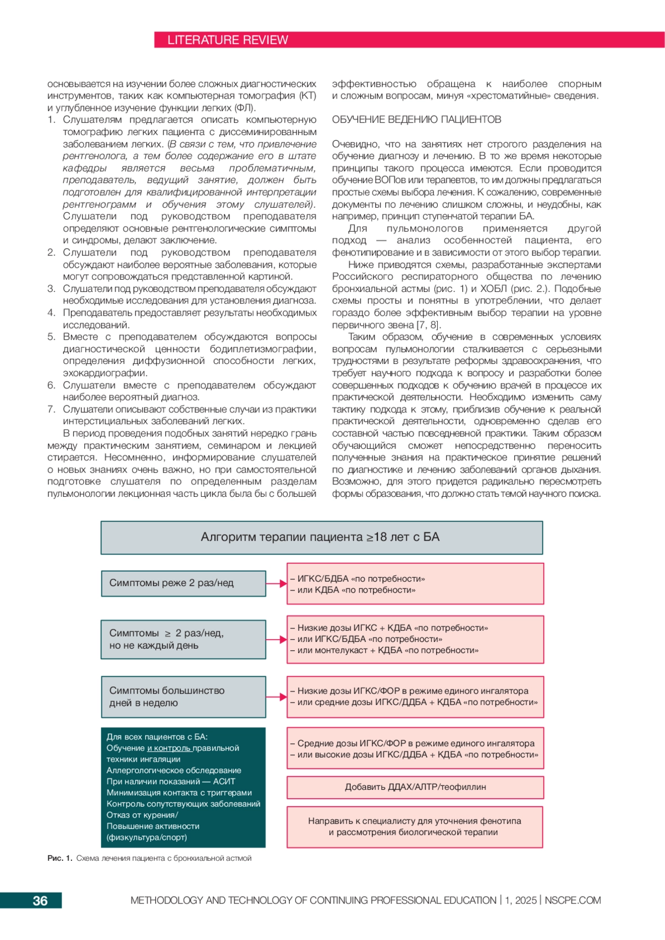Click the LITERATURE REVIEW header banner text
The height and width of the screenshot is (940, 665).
click(228, 40)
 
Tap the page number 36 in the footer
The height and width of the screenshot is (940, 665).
click(40, 901)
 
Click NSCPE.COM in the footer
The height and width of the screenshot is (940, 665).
click(572, 901)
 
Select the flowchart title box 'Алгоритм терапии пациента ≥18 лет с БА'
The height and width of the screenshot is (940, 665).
click(321, 537)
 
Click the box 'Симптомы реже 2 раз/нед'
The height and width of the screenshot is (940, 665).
click(183, 583)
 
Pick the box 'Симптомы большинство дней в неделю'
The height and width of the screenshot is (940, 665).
click(183, 697)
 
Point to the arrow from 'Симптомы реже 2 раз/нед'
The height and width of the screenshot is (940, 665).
click(277, 583)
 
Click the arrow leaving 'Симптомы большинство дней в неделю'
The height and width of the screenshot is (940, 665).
click(277, 697)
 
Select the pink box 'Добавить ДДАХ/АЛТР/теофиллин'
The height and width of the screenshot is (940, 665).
click(415, 787)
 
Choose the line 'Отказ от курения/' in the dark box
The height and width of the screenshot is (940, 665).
click(142, 815)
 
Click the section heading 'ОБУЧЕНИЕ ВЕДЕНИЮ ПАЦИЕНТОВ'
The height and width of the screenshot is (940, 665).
click(416, 120)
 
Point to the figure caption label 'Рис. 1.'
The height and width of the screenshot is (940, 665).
click(60, 859)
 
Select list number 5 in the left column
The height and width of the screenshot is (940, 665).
click(51, 337)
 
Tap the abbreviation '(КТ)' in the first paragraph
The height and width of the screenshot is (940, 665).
click(308, 96)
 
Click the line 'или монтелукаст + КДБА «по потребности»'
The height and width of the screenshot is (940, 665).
click(387, 650)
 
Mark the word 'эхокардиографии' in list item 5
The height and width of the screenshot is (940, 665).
click(105, 373)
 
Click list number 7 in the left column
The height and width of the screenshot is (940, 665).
click(51, 409)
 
